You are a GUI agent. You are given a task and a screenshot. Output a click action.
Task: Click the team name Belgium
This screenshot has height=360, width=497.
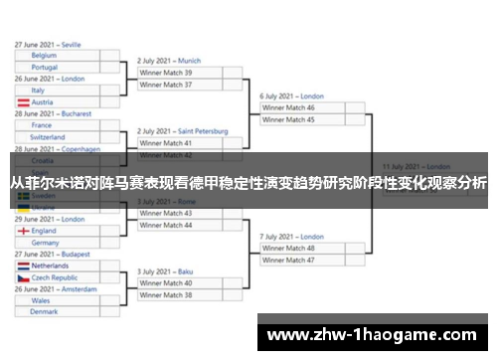pos(44,56)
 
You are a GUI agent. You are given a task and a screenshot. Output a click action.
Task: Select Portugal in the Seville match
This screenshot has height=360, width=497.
pos(45,67)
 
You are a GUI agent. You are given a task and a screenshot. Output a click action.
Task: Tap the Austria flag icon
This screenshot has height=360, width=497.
pos(23,102)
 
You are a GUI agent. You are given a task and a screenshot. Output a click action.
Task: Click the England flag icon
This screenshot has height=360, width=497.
pos(23,231)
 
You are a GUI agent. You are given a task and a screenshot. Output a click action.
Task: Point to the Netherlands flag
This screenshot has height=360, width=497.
pos(23,267)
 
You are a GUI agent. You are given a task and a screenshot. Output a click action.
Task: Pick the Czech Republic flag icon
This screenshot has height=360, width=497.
pos(23,278)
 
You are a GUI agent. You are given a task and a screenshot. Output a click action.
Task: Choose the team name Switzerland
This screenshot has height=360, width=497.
pos(48,137)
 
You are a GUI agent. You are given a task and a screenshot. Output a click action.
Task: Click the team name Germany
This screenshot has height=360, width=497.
pos(45,242)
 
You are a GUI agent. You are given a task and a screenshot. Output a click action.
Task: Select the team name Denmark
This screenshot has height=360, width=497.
pos(44,311)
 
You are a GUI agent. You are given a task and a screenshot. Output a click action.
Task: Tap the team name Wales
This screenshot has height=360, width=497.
pos(41,300)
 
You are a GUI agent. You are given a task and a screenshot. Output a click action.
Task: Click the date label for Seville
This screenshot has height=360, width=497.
pos(48,45)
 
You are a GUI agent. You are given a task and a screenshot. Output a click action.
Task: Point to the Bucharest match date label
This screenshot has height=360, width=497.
pos(52,114)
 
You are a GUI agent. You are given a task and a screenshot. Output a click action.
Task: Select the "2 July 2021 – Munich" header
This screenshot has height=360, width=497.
pos(169,61)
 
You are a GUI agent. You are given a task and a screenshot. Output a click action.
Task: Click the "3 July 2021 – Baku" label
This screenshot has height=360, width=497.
pos(165,271)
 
